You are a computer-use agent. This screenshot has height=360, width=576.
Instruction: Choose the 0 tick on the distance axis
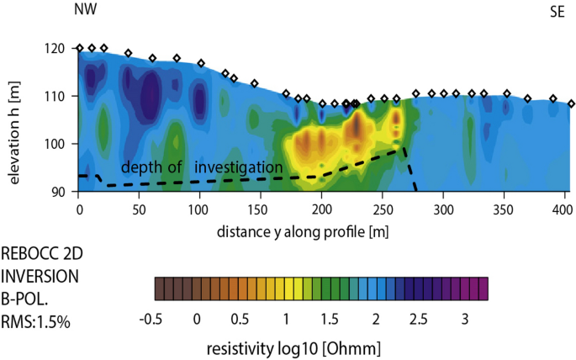pyautogui.click(x=79, y=208)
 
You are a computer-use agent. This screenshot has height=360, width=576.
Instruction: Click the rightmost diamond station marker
pyautogui.click(x=571, y=103)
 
